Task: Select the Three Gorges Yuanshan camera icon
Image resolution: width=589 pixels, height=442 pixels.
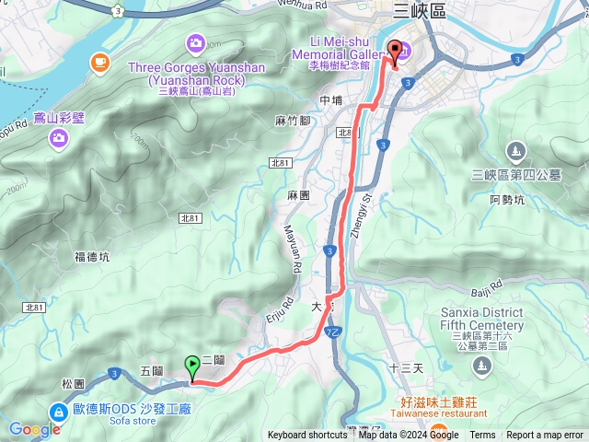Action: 195,42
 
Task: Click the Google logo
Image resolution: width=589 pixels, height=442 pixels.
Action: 34,429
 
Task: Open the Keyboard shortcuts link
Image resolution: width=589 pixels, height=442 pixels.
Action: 307,436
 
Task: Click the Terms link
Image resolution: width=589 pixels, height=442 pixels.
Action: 482,436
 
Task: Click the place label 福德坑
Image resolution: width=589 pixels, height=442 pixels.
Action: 92,257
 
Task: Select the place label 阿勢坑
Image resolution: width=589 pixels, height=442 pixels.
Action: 507,199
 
